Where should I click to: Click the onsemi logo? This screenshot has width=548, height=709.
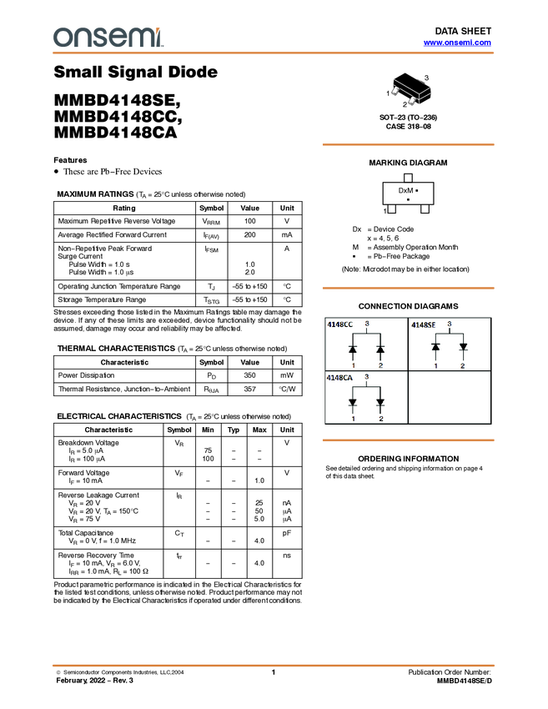pos(108,37)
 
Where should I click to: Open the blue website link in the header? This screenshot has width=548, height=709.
pos(457,43)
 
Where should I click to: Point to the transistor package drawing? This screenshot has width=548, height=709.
pos(411,93)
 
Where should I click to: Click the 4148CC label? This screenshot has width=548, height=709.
pos(339,324)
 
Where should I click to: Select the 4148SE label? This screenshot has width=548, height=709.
pos(424,324)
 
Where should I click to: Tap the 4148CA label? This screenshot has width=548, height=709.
pos(339,378)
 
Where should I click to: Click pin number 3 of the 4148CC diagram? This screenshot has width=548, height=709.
pos(367,323)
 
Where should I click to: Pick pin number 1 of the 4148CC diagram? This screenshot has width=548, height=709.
pos(353,365)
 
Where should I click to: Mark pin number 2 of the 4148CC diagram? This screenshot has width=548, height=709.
pos(380,365)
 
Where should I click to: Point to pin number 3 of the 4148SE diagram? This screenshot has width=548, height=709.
pos(450,324)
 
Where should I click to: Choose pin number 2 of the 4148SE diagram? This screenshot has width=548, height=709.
pos(463,365)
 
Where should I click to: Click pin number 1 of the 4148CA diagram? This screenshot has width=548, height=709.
pos(353,418)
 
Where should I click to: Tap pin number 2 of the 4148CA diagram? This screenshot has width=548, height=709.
pos(380,418)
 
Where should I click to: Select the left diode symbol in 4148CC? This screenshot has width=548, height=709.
pos(353,349)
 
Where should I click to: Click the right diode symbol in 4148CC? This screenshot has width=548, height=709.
pos(380,349)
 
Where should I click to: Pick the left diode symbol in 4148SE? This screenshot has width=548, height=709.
pos(435,347)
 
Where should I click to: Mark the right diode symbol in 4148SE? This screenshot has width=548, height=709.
pos(463,347)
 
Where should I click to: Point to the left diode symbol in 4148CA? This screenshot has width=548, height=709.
pos(353,402)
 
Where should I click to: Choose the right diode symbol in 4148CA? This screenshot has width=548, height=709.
pos(380,402)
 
